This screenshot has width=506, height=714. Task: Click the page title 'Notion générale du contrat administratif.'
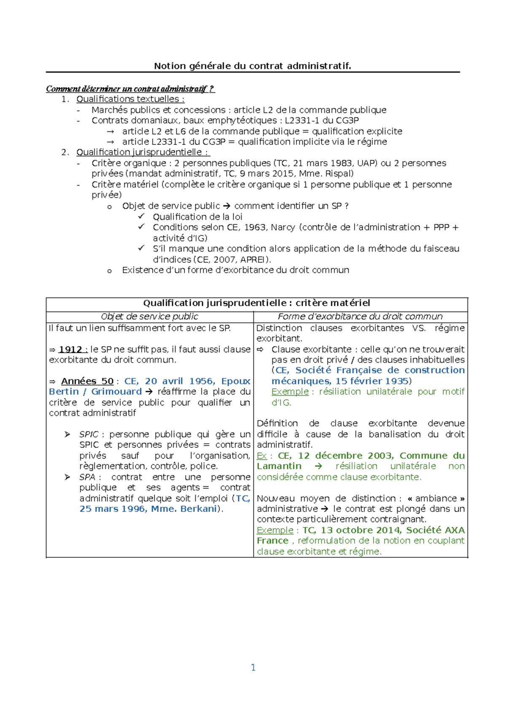pos(252,66)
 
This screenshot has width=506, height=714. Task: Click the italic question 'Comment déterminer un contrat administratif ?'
pos(130,89)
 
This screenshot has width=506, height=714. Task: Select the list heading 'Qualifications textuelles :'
pos(130,99)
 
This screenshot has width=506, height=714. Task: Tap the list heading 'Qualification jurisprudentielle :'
pos(143,152)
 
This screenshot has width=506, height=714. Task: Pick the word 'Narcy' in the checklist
pos(283,227)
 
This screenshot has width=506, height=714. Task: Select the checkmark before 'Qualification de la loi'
pos(141,216)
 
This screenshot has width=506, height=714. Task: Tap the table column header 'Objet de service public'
pos(149,317)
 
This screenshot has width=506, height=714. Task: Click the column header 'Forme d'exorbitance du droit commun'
pos(360,317)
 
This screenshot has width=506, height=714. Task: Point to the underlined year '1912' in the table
pos(70,349)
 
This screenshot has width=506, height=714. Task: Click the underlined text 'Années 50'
pos(87,381)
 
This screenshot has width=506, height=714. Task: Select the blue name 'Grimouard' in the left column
pos(116,392)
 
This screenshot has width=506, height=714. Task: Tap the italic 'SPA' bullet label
pos(87,477)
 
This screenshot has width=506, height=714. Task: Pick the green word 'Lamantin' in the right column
pos(279,466)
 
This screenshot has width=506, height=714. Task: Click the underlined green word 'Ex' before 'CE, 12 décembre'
pos(261,456)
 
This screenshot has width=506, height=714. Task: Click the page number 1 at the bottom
pos(253,667)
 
